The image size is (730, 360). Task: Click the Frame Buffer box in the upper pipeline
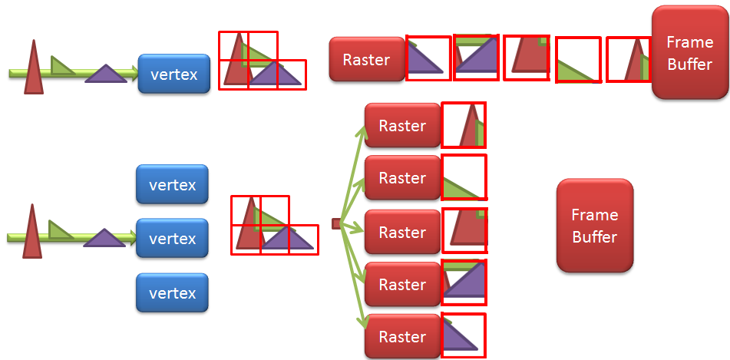pyautogui.click(x=689, y=52)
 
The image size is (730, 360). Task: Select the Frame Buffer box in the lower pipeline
pyautogui.click(x=594, y=226)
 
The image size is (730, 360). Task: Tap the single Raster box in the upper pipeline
pyautogui.click(x=366, y=60)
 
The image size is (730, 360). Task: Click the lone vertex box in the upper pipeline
pyautogui.click(x=173, y=74)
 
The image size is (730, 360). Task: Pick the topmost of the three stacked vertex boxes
pyautogui.click(x=172, y=185)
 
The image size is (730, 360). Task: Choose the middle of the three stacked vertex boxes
pyautogui.click(x=172, y=239)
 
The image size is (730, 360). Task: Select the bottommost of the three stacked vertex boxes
pyautogui.click(x=172, y=293)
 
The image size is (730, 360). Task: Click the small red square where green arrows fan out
pyautogui.click(x=336, y=223)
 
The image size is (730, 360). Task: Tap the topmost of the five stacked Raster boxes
pyautogui.click(x=402, y=126)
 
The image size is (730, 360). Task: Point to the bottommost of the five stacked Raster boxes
pyautogui.click(x=402, y=337)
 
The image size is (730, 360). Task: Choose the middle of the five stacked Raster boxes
pyautogui.click(x=402, y=233)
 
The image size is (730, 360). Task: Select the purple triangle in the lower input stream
pyautogui.click(x=104, y=239)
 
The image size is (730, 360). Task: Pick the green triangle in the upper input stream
pyautogui.click(x=61, y=66)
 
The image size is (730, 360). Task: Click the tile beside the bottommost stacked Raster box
pyautogui.click(x=464, y=335)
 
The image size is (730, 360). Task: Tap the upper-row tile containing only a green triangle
pyautogui.click(x=577, y=60)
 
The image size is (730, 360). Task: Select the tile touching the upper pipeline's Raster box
pyautogui.click(x=428, y=58)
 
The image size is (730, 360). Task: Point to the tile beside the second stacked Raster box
pyautogui.click(x=464, y=177)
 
